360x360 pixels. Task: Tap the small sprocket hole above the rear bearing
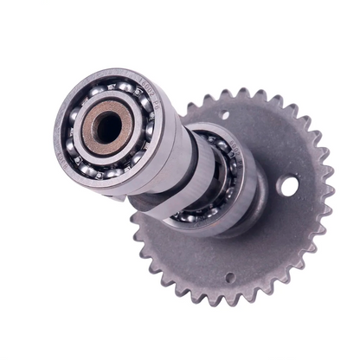pyautogui.click(x=223, y=115)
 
